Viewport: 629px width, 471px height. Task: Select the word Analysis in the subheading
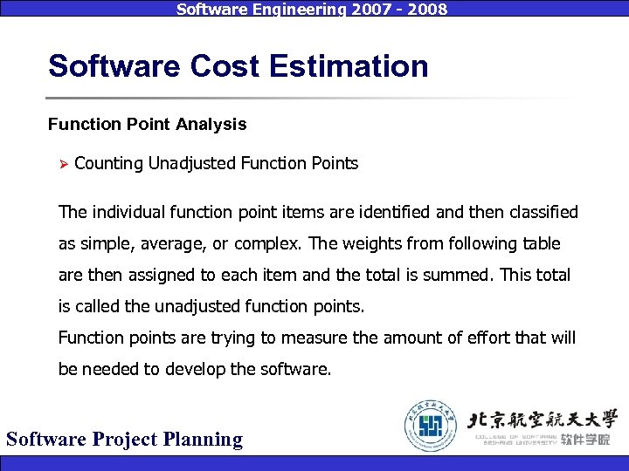(211, 124)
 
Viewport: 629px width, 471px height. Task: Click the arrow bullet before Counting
(61, 163)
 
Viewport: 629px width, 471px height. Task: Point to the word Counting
(109, 163)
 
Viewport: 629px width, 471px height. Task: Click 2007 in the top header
(361, 10)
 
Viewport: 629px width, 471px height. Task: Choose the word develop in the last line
(197, 369)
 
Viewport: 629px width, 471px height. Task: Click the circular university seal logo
(430, 425)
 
